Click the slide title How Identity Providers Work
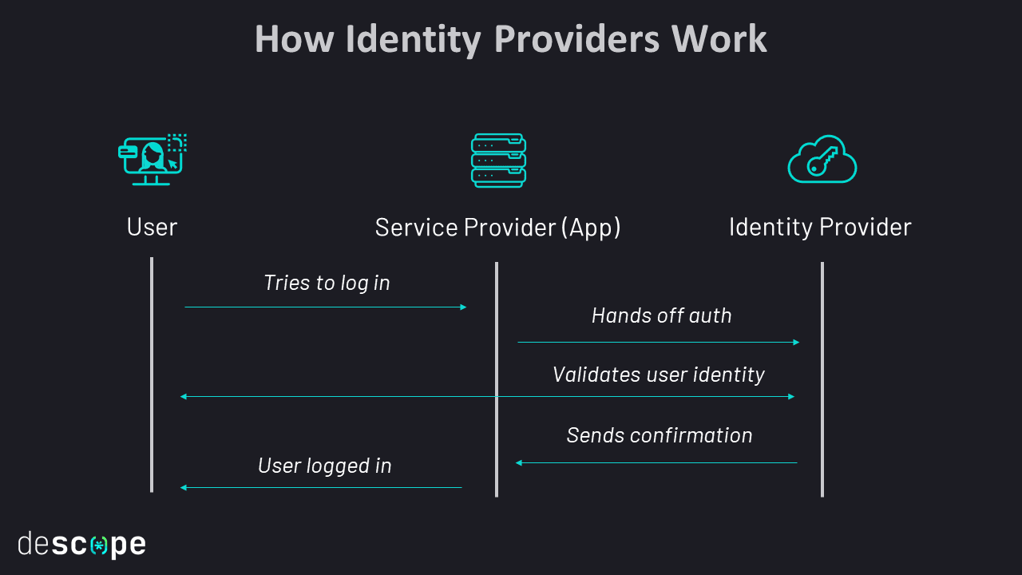point(511,39)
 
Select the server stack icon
point(498,161)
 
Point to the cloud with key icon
point(822,160)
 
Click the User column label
point(152,228)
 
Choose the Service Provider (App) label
point(497,228)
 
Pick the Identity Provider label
point(820,228)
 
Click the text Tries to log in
point(327,283)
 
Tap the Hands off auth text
point(661,315)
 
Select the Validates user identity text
point(659,375)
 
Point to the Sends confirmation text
point(660,435)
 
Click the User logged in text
point(325,466)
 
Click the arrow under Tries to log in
point(326,307)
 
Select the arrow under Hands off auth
point(659,342)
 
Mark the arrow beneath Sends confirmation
point(656,462)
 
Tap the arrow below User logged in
point(321,487)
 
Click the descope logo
point(82,545)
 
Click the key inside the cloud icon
point(822,161)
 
